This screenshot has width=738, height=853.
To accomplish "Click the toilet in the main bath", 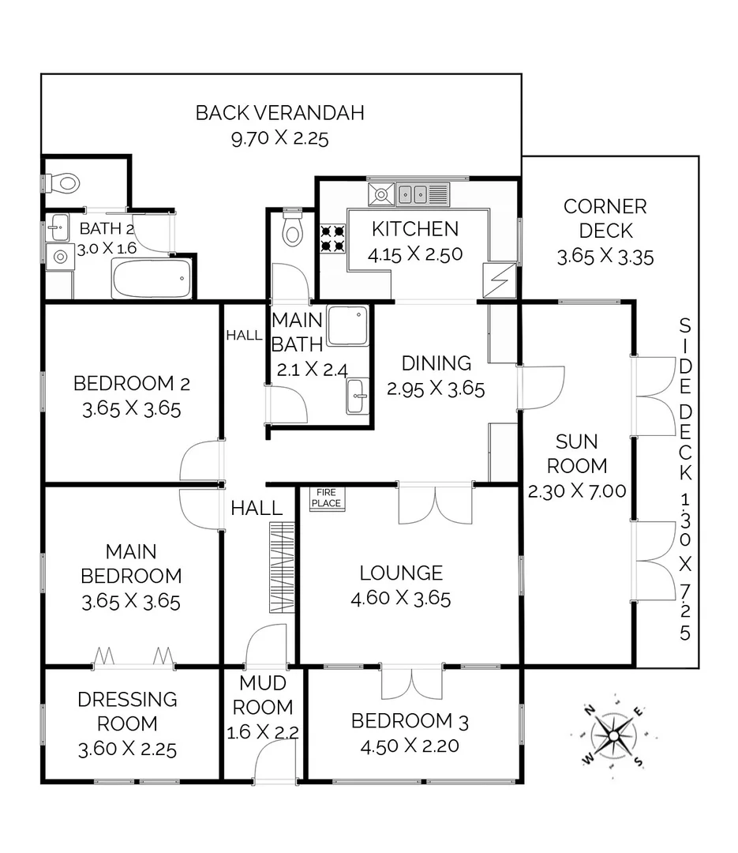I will coord(293,229).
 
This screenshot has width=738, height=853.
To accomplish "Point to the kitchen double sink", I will coord(414,193).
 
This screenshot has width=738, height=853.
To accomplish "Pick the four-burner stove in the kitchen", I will coord(333,238).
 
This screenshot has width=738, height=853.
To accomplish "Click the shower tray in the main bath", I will coord(348,325).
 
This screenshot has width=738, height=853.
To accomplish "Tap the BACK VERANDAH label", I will coord(279,113).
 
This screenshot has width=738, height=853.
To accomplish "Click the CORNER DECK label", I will coord(605,219).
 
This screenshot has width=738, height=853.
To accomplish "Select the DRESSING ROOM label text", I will coord(128,711).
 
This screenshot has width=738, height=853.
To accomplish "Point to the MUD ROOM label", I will coord(263,695).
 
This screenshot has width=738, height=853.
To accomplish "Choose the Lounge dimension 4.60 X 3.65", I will coord(401,598).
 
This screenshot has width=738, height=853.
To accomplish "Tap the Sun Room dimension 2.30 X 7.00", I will coord(576,490).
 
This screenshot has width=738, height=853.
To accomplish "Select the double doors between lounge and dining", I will coord(435,505).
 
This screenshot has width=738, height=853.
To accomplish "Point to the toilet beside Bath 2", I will coord(66,183).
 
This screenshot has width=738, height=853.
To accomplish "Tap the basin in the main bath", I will coord(358,396).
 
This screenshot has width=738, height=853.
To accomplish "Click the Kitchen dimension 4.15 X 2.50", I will coord(414,254).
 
